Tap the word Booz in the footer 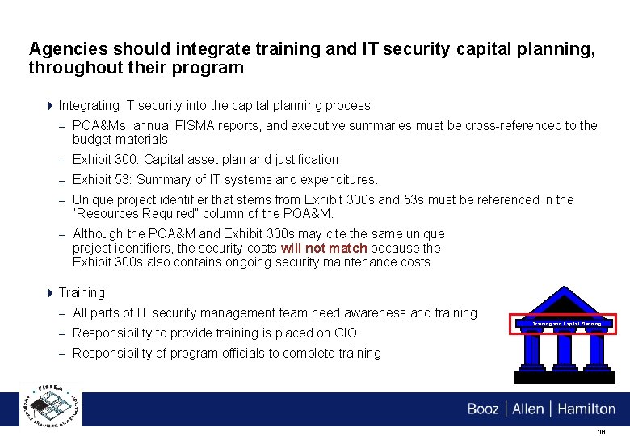click(x=483, y=409)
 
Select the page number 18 click(x=601, y=432)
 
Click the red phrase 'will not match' click(x=323, y=248)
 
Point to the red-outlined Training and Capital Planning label click(x=566, y=324)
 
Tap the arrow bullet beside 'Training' click(x=51, y=292)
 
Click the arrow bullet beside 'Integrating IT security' click(x=51, y=105)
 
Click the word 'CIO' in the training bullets click(x=345, y=333)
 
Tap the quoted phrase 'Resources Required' click(x=132, y=214)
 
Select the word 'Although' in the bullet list click(x=99, y=233)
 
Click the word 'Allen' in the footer click(x=527, y=409)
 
